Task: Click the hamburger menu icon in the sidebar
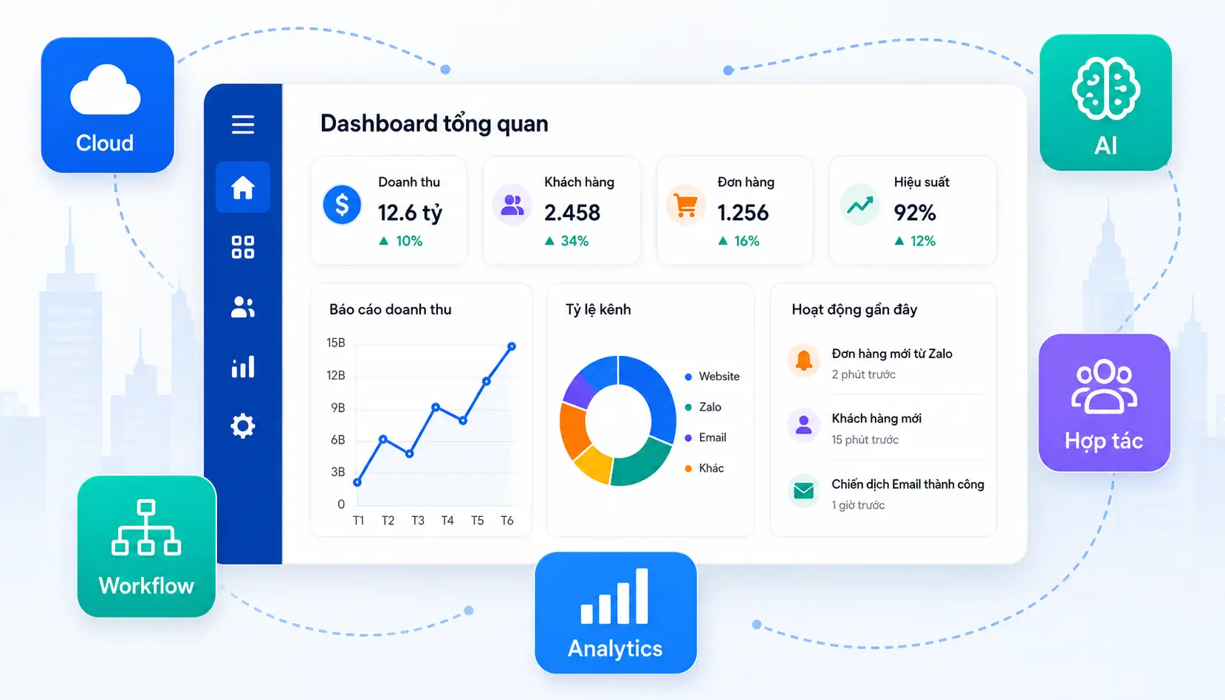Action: (x=243, y=125)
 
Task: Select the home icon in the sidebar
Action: (x=243, y=188)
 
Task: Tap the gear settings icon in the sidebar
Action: (x=243, y=426)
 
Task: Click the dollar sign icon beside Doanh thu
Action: (x=342, y=205)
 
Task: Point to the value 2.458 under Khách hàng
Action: (x=572, y=213)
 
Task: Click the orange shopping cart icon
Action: (x=686, y=205)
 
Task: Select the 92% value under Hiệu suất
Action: (x=915, y=213)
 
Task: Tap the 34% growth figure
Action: (x=574, y=241)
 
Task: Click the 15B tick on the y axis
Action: (x=336, y=343)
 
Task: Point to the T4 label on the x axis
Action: (x=447, y=521)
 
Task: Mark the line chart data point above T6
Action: (x=512, y=346)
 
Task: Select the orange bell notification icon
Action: (x=804, y=360)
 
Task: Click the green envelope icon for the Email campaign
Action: (x=804, y=491)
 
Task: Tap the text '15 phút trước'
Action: (x=865, y=439)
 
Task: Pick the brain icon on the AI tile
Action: (x=1106, y=89)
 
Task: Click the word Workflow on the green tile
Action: (x=146, y=586)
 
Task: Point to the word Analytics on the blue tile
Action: (x=615, y=649)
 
